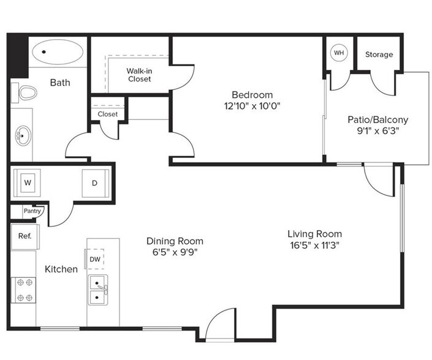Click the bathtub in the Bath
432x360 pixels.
point(59,53)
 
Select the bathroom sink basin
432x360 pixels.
point(23,133)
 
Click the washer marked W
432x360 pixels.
point(28,182)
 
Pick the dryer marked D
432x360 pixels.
point(95,182)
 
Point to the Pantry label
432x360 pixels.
point(32,211)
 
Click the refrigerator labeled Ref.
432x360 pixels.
point(25,236)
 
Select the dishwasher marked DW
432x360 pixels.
point(95,259)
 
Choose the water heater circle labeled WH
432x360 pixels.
point(338,53)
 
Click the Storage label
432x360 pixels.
point(379,54)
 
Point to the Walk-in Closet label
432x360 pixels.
point(139,75)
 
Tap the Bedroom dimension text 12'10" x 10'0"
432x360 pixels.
point(251,105)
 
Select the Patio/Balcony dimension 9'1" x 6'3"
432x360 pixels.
point(377,130)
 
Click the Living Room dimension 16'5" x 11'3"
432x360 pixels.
point(314,245)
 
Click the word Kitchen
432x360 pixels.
point(61,269)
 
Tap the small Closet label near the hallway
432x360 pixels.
point(107,114)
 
